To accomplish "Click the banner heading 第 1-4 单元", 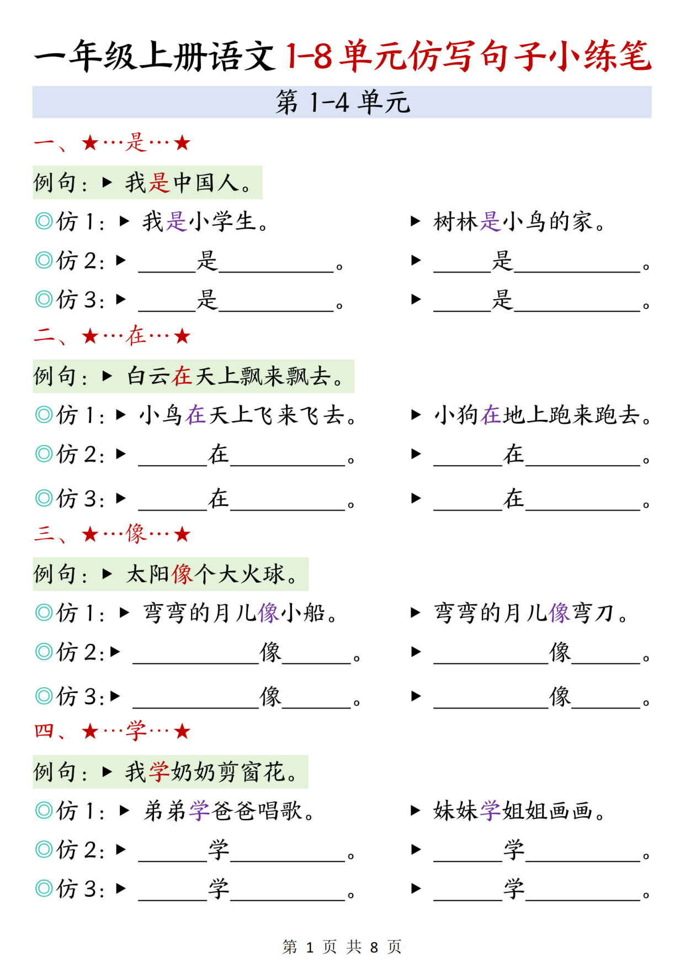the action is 343,102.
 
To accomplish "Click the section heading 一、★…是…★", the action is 112,143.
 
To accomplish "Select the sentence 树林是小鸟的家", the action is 519,222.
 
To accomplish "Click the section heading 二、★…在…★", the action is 112,336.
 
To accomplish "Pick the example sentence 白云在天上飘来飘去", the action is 235,376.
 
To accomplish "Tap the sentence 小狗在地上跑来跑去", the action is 543,415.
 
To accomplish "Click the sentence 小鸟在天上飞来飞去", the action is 248,415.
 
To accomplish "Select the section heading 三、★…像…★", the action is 112,534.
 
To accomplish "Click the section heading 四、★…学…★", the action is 112,731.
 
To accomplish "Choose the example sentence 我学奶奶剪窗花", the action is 211,772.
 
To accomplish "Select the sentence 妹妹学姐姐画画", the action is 519,811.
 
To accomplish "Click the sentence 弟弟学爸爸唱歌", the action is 229,811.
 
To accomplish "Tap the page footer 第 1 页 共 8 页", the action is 342,947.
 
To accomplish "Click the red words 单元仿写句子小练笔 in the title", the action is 496,56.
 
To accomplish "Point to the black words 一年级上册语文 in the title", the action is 155,56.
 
